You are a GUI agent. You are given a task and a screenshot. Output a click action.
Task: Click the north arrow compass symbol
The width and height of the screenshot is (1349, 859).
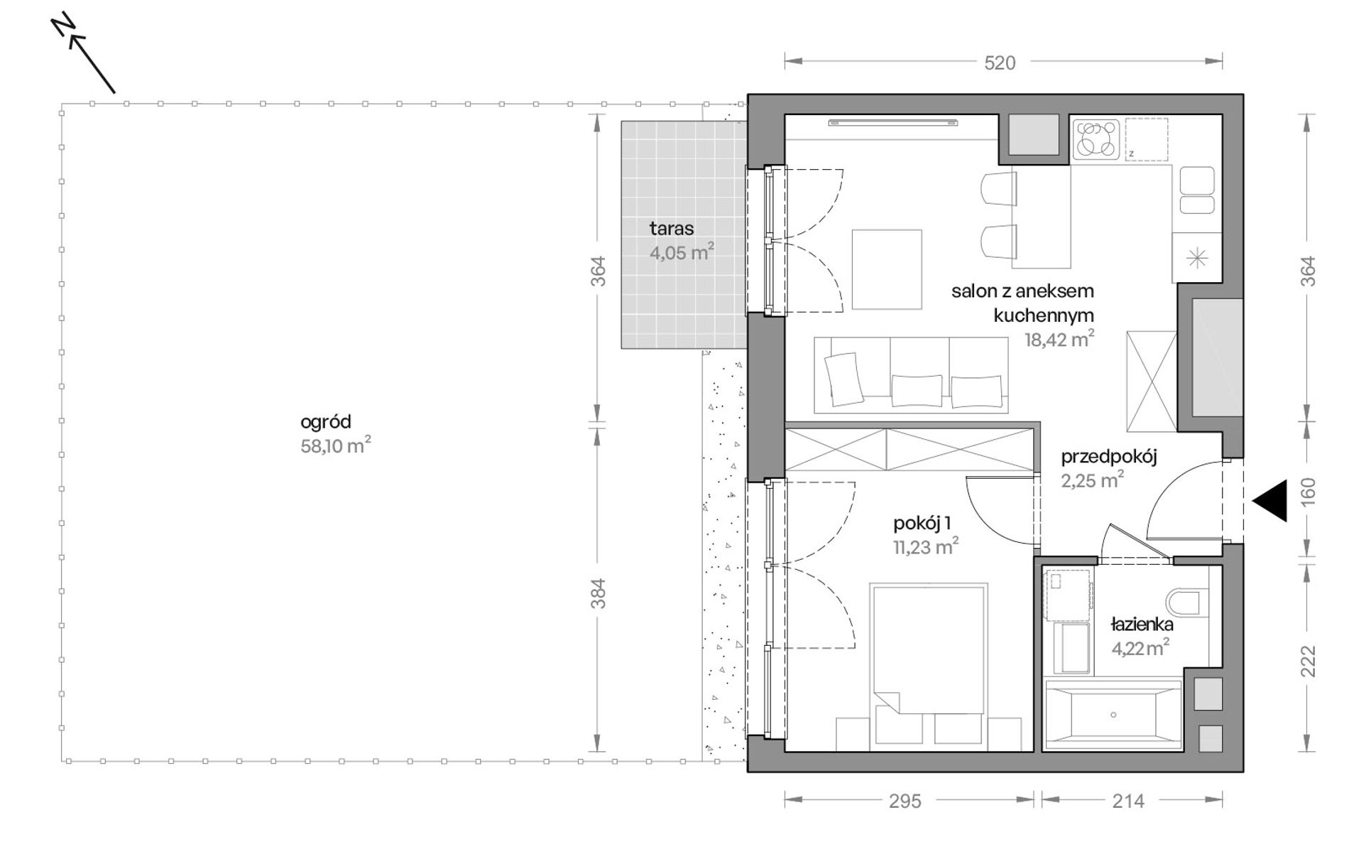pos(84,53)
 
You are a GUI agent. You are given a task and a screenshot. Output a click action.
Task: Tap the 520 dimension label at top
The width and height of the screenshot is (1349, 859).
pos(1000,63)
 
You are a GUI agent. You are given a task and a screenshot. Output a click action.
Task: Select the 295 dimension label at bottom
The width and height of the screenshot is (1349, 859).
pos(905,801)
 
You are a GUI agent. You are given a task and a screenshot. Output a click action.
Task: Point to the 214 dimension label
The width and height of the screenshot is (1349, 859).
pos(1128,801)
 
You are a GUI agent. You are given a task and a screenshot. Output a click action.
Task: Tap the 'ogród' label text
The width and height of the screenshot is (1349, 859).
pos(326,422)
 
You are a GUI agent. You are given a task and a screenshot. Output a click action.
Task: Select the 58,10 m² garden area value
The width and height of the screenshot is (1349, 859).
pos(336,445)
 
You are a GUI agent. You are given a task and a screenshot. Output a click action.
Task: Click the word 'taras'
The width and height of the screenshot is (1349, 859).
pos(672,229)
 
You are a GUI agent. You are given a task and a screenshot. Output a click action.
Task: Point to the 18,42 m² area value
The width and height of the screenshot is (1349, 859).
pos(1059,339)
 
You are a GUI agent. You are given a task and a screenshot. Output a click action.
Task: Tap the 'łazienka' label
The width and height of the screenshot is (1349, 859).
pos(1142,625)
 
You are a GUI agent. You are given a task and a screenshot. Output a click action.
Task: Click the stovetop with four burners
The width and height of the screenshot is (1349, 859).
pos(1096,139)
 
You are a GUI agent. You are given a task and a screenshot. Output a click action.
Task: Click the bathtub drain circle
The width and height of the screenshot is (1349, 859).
pos(1113,715)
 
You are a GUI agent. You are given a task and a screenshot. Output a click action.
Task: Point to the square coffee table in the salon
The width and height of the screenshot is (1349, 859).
pos(887,269)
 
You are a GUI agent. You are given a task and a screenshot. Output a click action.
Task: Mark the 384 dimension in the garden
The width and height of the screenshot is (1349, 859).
pos(599,593)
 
